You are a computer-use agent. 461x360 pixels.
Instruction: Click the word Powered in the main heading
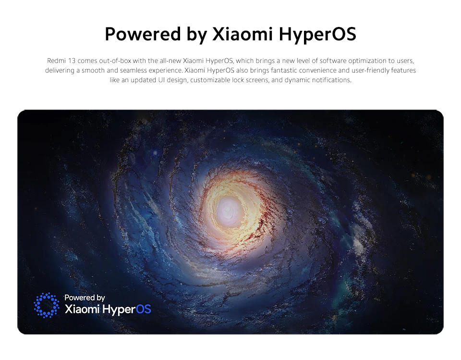(x=143, y=34)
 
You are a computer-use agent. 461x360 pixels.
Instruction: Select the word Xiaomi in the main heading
(x=243, y=34)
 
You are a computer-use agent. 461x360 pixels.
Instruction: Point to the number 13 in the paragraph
(x=72, y=61)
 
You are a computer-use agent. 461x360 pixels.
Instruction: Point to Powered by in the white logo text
(x=85, y=298)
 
